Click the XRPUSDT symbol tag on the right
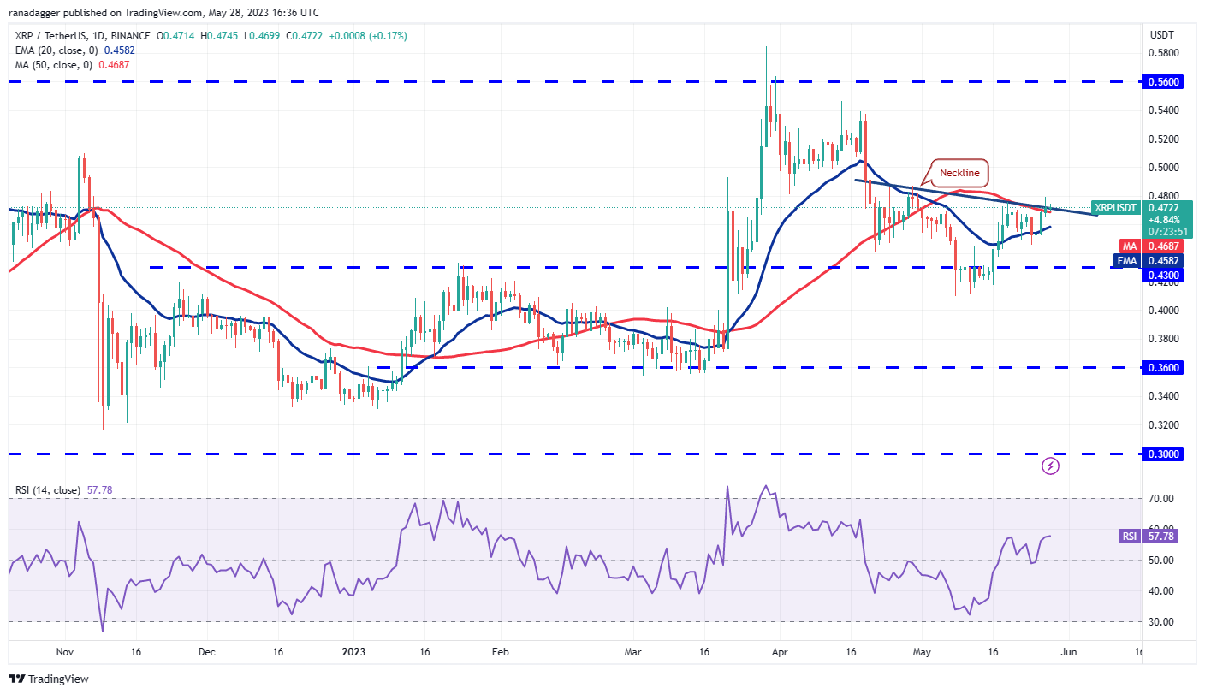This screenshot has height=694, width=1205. pos(1116,207)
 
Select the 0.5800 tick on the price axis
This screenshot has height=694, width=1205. pos(1161,53)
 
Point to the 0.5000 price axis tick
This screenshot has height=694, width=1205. pos(1161,168)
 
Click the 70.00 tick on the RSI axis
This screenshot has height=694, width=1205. pos(1160,498)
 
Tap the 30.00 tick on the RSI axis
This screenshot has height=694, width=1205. pos(1160,622)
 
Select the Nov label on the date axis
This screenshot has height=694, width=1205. pos(63,652)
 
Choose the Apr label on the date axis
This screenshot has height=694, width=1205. pos(780,652)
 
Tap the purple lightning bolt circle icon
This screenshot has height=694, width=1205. pos(1051,466)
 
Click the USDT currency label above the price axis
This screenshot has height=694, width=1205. pos(1160,35)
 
